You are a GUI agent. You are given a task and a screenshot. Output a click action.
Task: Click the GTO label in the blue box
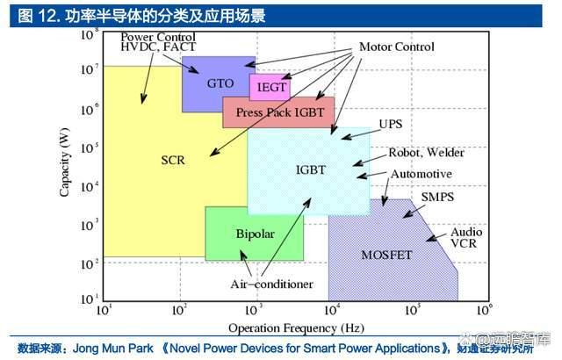(x=220, y=83)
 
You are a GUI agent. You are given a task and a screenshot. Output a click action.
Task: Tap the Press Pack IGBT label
(x=280, y=113)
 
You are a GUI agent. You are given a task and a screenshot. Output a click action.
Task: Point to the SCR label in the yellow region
(x=172, y=160)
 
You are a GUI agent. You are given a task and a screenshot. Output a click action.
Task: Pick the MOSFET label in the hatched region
(x=386, y=255)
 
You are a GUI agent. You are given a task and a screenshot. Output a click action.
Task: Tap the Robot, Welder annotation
(x=427, y=153)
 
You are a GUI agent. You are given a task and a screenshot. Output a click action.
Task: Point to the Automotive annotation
(x=421, y=174)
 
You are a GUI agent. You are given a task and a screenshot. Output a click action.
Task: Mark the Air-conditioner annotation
(x=272, y=284)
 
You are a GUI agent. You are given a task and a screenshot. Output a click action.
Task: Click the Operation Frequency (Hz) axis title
(x=296, y=328)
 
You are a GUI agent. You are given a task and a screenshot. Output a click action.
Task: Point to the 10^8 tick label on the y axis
(x=89, y=33)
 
